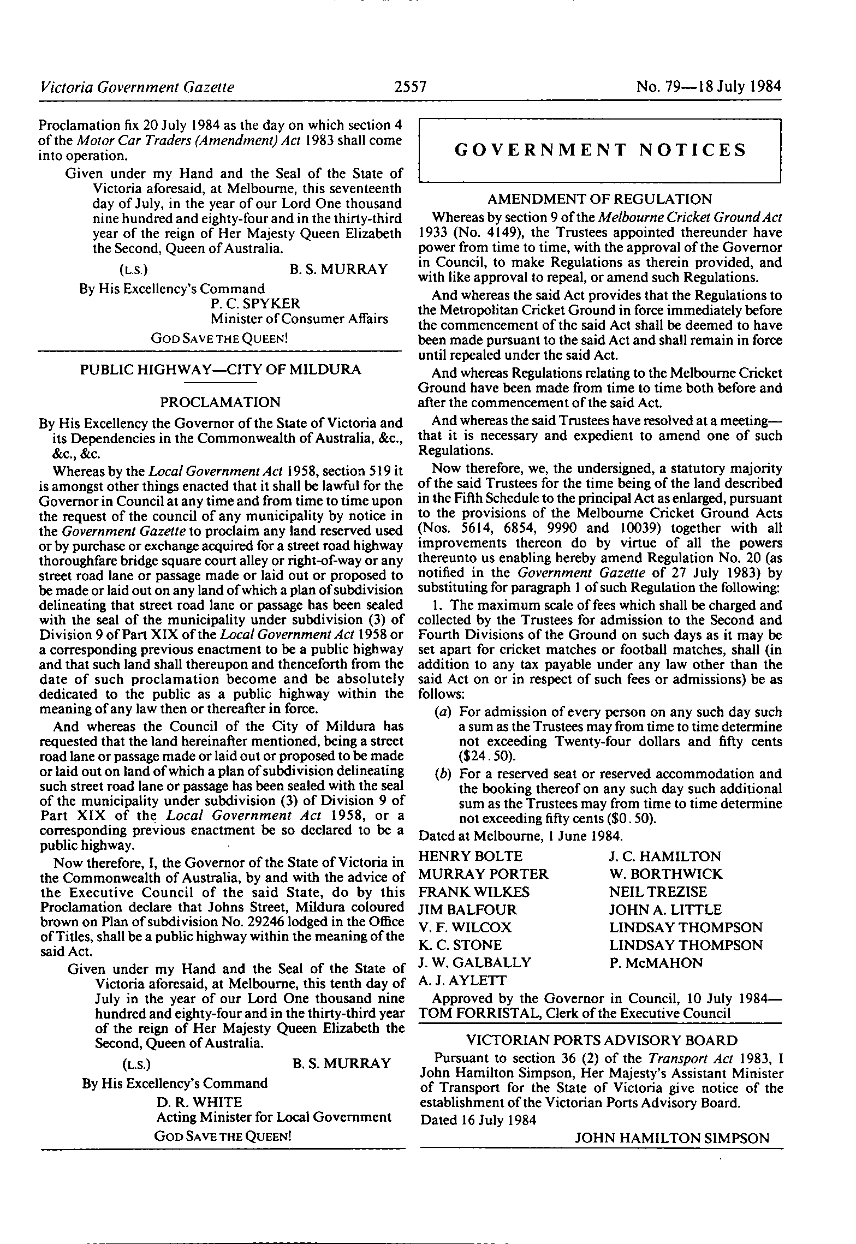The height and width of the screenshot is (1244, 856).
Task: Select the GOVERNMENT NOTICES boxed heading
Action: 600,150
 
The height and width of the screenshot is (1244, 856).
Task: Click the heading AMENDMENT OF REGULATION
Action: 599,199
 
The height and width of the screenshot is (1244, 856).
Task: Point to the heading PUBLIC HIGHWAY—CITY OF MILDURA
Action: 221,370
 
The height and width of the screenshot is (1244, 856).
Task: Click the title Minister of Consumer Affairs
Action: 299,318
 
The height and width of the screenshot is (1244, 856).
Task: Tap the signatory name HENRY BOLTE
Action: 470,856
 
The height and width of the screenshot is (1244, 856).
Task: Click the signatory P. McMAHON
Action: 656,962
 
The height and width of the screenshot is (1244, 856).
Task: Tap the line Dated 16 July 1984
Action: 478,1120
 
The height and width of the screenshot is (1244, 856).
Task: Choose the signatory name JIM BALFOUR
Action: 467,909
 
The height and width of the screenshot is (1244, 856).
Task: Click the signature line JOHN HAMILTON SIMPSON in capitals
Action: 672,1138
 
